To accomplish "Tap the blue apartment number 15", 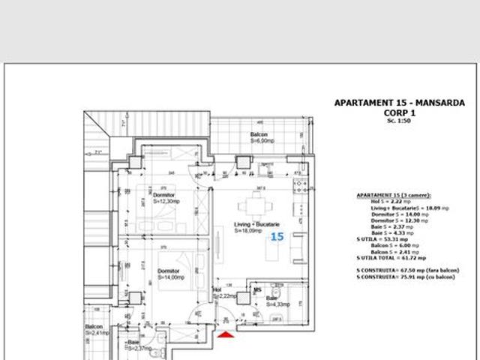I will coord(277,237).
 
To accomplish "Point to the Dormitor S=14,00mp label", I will coord(171,274).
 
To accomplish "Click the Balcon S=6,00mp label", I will coord(260,137).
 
